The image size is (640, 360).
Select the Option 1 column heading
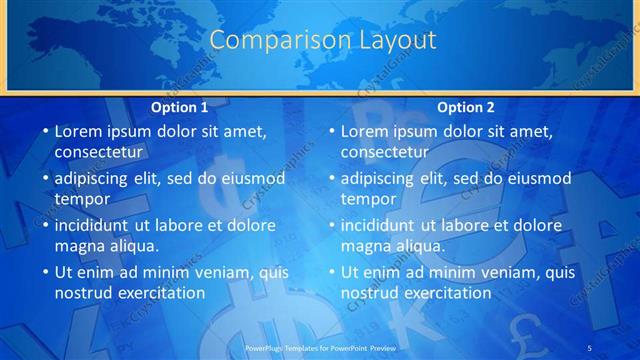coord(180,107)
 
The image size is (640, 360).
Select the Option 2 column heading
coord(466,107)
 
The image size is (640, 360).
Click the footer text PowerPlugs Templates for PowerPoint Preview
coord(319,346)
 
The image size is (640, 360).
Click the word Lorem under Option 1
coord(78,131)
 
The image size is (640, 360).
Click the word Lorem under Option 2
coord(364,131)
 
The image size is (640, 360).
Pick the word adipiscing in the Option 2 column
coord(380,178)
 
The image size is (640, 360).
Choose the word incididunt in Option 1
coord(96,225)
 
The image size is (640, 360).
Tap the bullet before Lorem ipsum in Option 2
coord(330,132)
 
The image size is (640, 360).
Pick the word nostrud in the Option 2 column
coord(371,293)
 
